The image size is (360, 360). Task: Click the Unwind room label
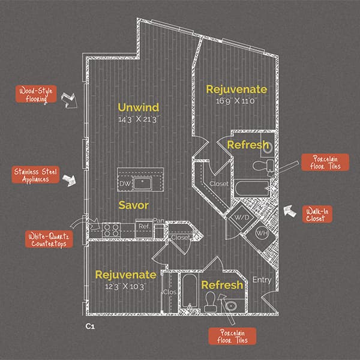pyautogui.click(x=139, y=107)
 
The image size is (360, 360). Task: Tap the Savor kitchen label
pyautogui.click(x=134, y=205)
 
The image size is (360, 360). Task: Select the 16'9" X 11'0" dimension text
pyautogui.click(x=236, y=101)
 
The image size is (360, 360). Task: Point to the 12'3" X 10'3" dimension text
pyautogui.click(x=126, y=287)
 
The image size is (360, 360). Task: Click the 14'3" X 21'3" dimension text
pyautogui.click(x=139, y=119)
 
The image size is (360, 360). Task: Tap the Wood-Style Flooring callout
pyautogui.click(x=36, y=94)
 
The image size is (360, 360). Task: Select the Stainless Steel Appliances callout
pyautogui.click(x=35, y=175)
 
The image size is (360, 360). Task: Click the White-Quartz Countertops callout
pyautogui.click(x=49, y=239)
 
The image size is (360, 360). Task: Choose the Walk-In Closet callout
pyautogui.click(x=317, y=214)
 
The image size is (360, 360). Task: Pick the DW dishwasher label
pyautogui.click(x=125, y=184)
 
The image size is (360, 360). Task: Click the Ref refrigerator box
pyautogui.click(x=144, y=228)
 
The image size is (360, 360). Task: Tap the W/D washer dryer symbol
pyautogui.click(x=242, y=217)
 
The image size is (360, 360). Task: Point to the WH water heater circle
pyautogui.click(x=262, y=233)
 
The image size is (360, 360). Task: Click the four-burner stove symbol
pyautogui.click(x=111, y=230)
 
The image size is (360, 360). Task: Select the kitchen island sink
pyautogui.click(x=143, y=184)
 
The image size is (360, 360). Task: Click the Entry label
pyautogui.click(x=262, y=280)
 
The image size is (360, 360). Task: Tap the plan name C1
pyautogui.click(x=90, y=326)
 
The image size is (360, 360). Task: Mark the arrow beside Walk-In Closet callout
pyautogui.click(x=290, y=211)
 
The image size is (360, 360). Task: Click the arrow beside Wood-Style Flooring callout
pyautogui.click(x=70, y=100)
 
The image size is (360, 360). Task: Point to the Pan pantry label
pyautogui.click(x=159, y=221)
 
